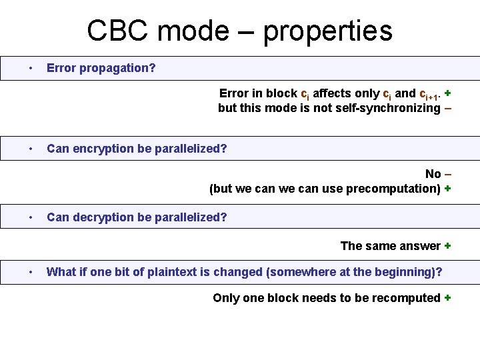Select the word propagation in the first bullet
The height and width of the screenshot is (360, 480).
117,68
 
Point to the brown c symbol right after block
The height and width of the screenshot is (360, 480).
305,94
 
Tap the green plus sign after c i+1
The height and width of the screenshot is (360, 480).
447,93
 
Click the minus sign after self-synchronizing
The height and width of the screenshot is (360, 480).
447,108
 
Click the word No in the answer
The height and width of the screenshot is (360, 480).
433,174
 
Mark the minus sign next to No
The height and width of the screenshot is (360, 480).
448,174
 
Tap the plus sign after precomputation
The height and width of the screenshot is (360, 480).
447,188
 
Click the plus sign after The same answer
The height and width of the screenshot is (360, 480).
447,246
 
